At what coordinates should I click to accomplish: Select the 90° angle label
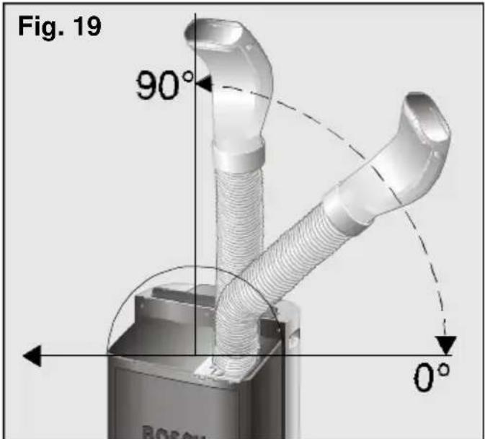164,87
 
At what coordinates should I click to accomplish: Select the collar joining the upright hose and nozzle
238,153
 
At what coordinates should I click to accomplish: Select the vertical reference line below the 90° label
195,216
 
